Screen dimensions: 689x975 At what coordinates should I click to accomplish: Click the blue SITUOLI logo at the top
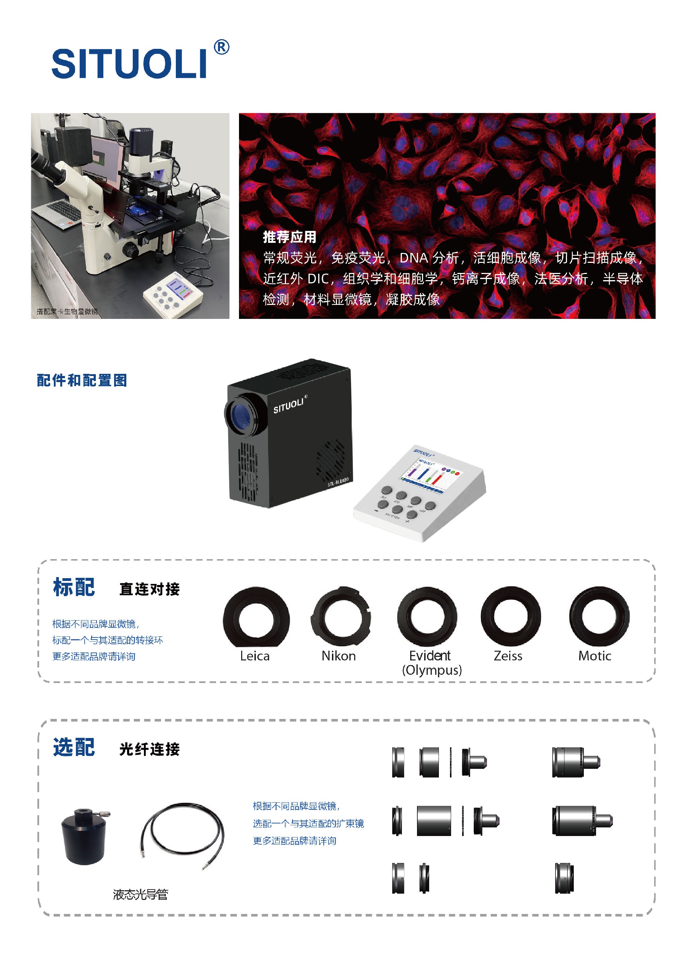coord(130,64)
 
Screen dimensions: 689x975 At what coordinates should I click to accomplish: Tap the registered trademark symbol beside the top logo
coord(221,47)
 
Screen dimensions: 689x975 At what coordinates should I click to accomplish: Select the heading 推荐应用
coord(289,237)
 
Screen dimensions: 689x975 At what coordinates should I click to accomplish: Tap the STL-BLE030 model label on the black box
coord(338,482)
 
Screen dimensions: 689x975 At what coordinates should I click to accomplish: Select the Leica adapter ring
coord(256,617)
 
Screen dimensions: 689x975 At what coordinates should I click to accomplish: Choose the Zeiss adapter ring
coord(510,616)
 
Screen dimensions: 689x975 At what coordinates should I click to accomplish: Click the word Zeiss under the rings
coord(508,656)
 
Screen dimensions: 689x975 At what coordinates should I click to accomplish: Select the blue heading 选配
coord(74,747)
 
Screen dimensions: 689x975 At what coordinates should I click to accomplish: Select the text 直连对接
coord(149,589)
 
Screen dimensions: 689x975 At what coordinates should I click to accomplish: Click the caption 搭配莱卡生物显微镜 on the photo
coord(67,311)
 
